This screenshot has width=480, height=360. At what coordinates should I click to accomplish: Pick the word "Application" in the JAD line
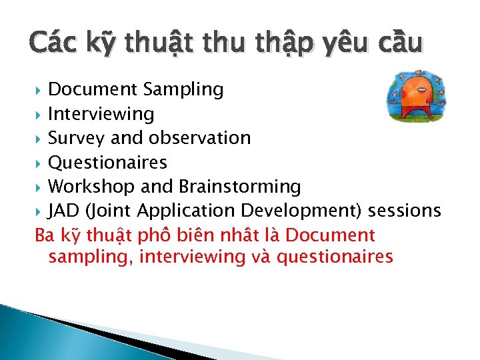187,211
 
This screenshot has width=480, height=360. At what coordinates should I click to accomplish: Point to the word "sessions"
405,211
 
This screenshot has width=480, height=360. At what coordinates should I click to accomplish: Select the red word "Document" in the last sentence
334,235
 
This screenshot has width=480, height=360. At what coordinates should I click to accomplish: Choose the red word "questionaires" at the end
334,257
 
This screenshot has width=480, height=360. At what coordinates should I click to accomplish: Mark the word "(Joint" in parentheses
109,211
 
